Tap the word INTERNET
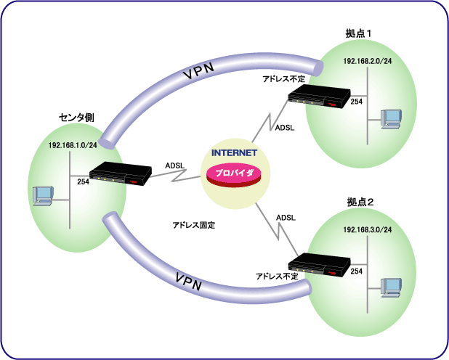click(x=235, y=154)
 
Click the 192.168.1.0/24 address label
click(x=73, y=146)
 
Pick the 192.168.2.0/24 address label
click(x=368, y=62)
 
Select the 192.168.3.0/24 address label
click(x=368, y=230)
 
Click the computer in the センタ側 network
click(x=44, y=194)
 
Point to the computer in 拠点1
click(x=392, y=117)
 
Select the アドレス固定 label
click(x=193, y=225)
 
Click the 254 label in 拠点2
click(x=357, y=271)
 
